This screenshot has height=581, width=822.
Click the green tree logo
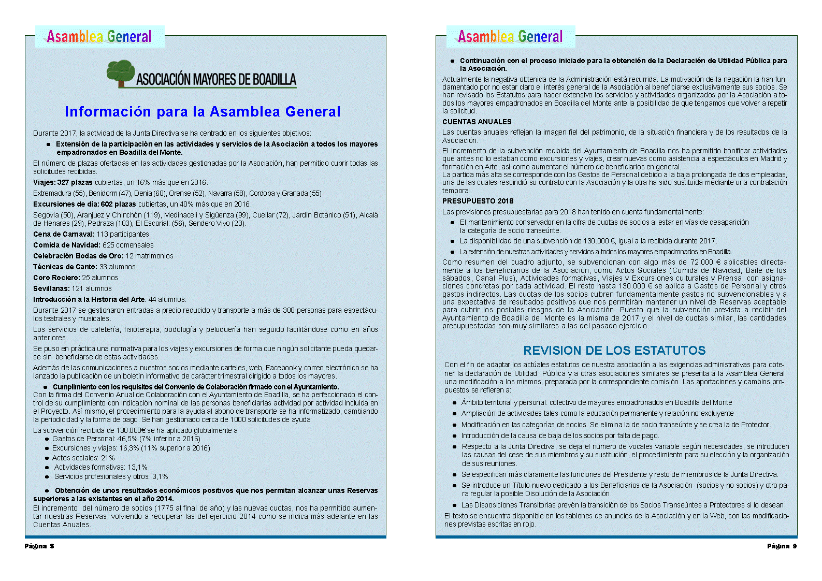tap(121, 73)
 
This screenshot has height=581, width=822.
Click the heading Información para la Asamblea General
tap(203, 111)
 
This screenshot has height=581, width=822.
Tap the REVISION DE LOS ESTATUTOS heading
tap(614, 351)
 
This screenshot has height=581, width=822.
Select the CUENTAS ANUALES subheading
tap(477, 122)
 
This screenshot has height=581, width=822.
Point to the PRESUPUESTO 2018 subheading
tap(478, 201)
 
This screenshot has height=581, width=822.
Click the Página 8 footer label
tap(39, 546)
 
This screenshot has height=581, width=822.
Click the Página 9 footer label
tap(782, 546)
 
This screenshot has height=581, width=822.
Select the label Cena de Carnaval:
tap(64, 234)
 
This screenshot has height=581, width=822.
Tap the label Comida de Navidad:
tap(67, 245)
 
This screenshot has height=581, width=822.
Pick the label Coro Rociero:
tap(56, 278)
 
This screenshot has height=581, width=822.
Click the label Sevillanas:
tap(51, 288)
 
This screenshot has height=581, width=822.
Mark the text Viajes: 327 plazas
tap(63, 182)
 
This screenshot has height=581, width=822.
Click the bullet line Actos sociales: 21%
tap(83, 458)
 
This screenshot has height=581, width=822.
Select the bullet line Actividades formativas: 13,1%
tap(100, 467)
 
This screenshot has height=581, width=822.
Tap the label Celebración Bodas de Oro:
tap(78, 256)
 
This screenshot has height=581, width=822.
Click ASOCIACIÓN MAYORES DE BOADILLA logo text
tap(216, 79)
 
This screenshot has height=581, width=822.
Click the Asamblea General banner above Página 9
tap(510, 36)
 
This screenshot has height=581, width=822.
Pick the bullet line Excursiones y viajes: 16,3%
tap(131, 448)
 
